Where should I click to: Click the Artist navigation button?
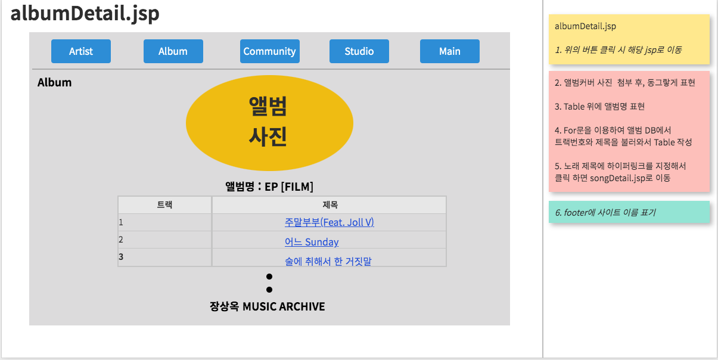click(x=81, y=51)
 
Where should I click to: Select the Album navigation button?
click(x=173, y=51)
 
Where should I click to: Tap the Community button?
click(x=269, y=51)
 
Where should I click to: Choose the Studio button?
click(x=359, y=51)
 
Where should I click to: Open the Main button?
click(x=450, y=51)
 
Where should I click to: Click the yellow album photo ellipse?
click(x=269, y=122)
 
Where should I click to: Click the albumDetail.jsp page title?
click(x=85, y=13)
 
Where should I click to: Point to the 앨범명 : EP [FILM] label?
click(x=269, y=187)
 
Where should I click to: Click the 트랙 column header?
click(x=164, y=204)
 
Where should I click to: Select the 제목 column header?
click(x=330, y=204)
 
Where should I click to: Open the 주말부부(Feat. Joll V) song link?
click(x=330, y=222)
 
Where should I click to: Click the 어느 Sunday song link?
click(x=312, y=242)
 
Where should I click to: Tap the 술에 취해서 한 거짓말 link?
click(x=328, y=260)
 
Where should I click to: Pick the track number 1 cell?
click(x=164, y=222)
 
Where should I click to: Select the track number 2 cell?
click(x=164, y=240)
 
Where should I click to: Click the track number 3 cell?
click(x=164, y=257)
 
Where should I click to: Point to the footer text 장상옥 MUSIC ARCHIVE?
click(x=268, y=306)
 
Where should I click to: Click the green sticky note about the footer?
click(x=629, y=212)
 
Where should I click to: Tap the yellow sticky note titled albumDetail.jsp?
click(x=629, y=39)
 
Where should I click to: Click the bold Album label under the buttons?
click(x=55, y=82)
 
